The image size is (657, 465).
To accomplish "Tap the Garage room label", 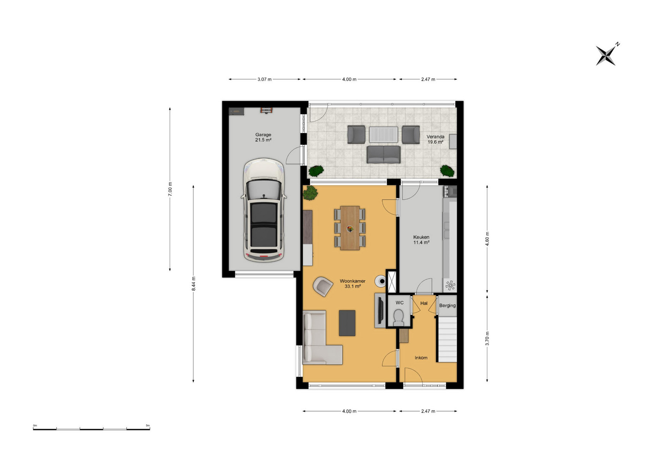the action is (263, 137).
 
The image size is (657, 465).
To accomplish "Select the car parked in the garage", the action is (264, 210).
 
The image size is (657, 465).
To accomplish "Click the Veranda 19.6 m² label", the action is (435, 139).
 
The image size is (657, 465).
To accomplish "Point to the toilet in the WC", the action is (398, 317).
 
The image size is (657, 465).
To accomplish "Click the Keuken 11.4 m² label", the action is (421, 240).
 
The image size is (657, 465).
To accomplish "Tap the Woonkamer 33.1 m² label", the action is (353, 284).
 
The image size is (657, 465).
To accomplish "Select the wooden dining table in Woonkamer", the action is (350, 228).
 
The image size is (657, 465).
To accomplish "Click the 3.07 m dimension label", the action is (265, 79).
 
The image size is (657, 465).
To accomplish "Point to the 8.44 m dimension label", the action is (194, 284).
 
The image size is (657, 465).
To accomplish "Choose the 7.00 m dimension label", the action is (170, 189).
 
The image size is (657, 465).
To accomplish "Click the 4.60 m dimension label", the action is (487, 239).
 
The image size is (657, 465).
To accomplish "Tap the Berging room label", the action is (447, 305).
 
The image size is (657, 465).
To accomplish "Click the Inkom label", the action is (421, 358).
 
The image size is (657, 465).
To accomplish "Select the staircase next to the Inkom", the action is (447, 339).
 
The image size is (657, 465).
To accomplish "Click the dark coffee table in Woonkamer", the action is (347, 323).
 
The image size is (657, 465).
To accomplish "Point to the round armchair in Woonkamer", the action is (323, 286).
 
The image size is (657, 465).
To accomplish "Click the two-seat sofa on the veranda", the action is (384, 154).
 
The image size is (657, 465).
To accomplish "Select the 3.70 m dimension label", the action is (487, 338).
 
